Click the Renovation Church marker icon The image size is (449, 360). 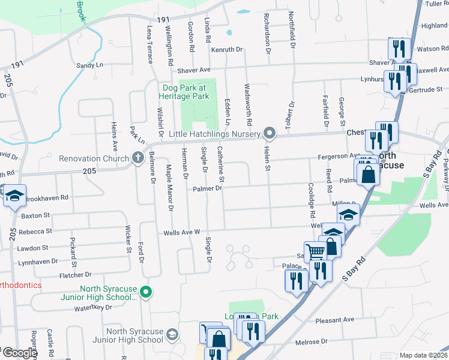[137, 159]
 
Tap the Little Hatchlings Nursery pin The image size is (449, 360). [270, 133]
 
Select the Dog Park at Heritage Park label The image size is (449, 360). [185, 92]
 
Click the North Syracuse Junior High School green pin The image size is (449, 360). [145, 292]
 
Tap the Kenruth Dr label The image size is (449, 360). [226, 49]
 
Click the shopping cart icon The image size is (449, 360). [315, 251]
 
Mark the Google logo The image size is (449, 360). [19, 353]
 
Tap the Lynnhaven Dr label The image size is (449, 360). [38, 262]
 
